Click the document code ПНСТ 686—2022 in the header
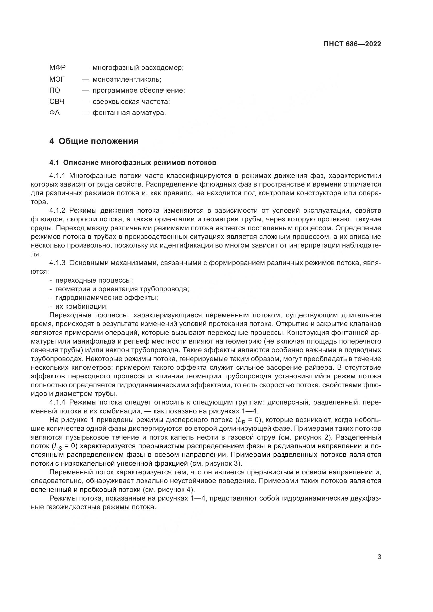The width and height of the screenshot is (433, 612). (352, 44)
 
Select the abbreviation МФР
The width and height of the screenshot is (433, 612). (57, 68)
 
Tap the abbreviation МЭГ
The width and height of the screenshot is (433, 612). (57, 79)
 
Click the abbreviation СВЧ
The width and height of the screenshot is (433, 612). (57, 102)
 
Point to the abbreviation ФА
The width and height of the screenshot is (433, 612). (54, 113)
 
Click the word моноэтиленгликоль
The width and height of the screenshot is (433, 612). (127, 80)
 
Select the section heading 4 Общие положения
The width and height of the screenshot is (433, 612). (94, 141)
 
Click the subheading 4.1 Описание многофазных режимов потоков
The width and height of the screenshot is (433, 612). (132, 162)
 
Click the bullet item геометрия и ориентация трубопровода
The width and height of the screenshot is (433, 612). (122, 289)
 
